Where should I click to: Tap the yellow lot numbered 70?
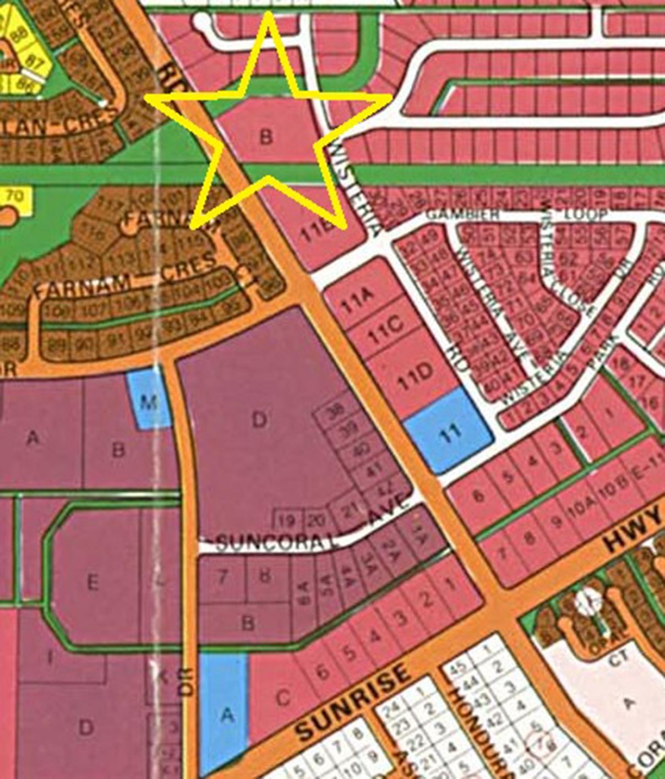tap(16, 195)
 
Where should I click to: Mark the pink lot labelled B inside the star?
tap(266, 135)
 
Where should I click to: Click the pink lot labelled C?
tap(282, 698)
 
